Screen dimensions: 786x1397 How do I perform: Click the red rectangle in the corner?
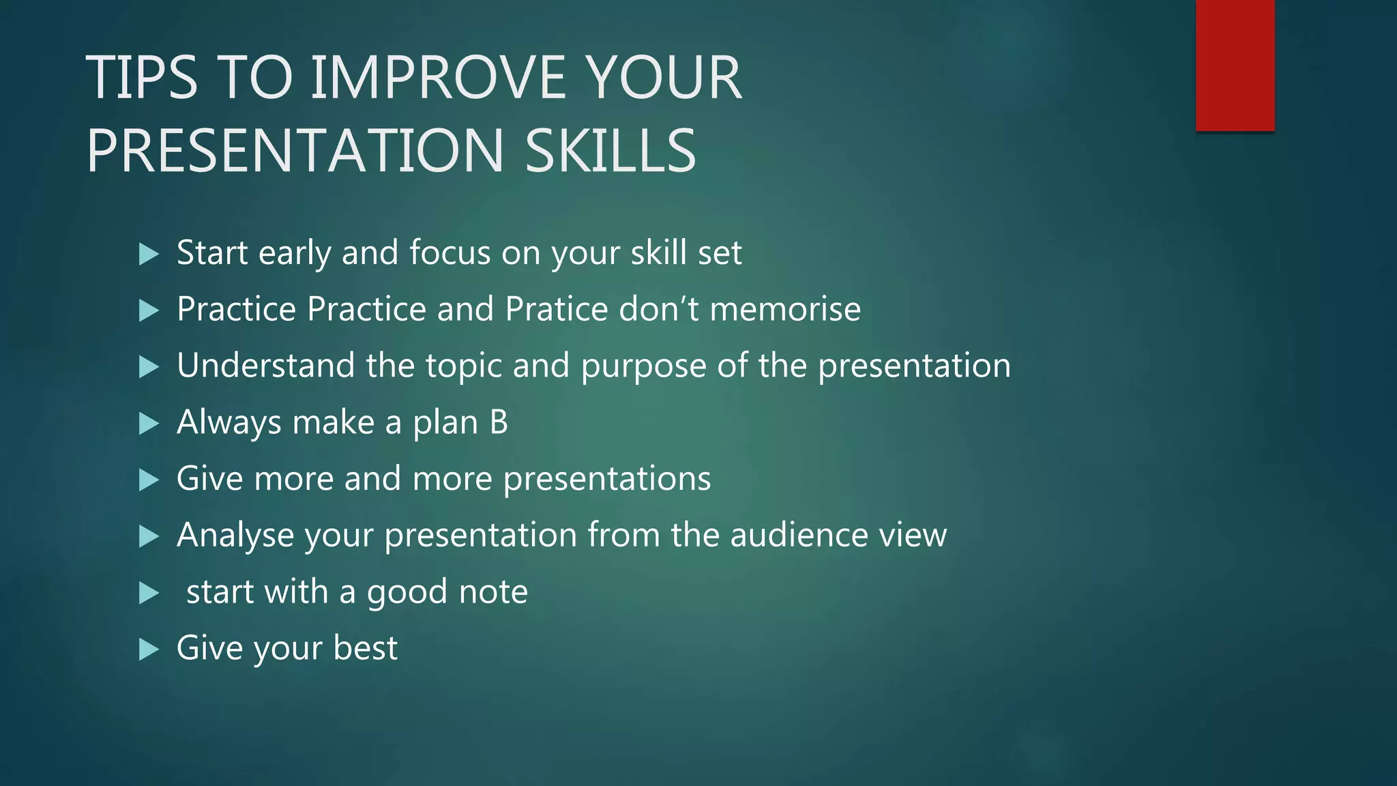[x=1235, y=65]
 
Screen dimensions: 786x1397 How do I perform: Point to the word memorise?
[x=785, y=310]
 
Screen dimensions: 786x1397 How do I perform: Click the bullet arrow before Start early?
[x=148, y=254]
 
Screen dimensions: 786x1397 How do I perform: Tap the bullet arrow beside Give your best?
[x=148, y=650]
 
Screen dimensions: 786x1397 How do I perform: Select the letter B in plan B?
[x=499, y=422]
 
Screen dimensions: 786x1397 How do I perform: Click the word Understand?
[x=265, y=366]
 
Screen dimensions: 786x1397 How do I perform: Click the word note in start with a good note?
[x=493, y=592]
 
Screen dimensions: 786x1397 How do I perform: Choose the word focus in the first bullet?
[x=450, y=253]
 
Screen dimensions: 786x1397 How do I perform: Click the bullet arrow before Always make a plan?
[x=148, y=424]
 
